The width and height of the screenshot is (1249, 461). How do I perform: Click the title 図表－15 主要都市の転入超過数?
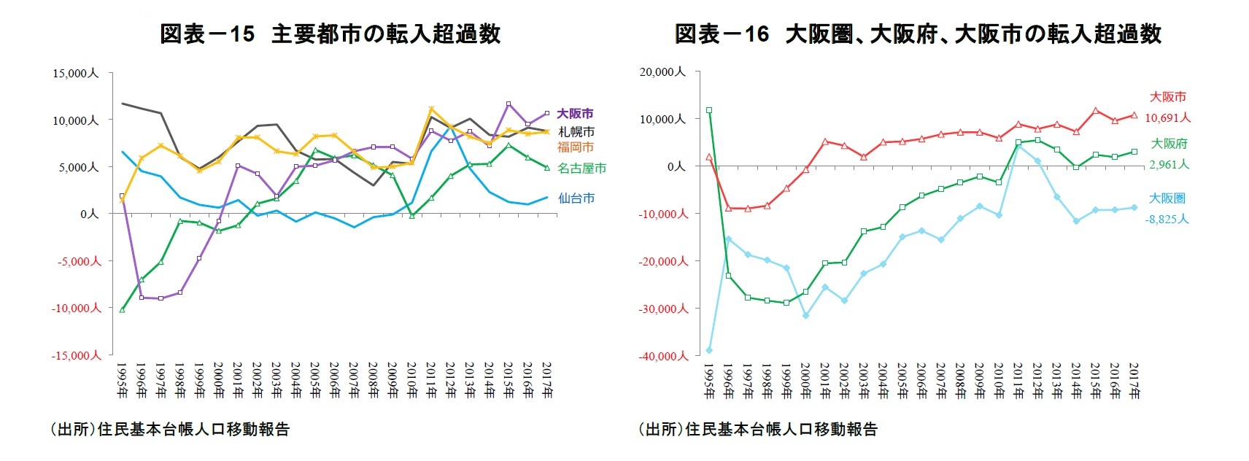point(330,34)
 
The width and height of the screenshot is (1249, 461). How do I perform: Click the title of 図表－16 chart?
point(917,34)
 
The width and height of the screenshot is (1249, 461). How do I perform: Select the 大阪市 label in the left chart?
point(575,114)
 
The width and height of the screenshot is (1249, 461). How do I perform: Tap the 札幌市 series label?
point(576,132)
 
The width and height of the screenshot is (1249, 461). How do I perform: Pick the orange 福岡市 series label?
point(576,147)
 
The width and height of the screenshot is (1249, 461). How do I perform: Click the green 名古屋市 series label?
point(581,168)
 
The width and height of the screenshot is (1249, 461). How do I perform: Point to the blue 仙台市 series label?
point(576,198)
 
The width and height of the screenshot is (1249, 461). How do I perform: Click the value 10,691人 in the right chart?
point(1167,118)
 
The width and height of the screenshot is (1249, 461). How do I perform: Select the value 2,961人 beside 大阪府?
point(1169,165)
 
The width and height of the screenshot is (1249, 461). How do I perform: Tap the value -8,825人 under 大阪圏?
point(1167,220)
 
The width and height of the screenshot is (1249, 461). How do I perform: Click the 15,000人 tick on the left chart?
point(74,73)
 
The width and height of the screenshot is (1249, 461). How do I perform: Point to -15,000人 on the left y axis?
point(76,355)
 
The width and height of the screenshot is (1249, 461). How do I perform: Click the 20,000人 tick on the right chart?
point(662,71)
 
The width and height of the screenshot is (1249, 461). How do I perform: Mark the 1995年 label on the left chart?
point(121,379)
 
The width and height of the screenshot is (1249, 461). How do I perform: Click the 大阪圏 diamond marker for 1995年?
point(708,350)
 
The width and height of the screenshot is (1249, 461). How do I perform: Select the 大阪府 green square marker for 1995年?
point(708,110)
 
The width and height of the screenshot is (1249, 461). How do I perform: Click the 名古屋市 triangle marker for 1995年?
point(122,309)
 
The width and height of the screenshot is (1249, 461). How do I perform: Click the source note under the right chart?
point(757,430)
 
